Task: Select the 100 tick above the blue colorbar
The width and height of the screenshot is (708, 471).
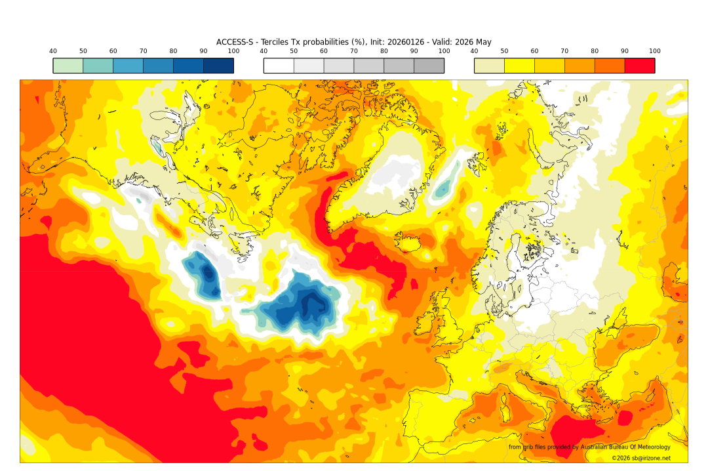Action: pos(233,51)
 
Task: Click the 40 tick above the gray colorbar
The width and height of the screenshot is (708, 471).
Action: pos(264,51)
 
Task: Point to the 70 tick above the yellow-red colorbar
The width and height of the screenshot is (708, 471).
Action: pos(564,51)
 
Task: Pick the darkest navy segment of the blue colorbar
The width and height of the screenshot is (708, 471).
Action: pos(218,66)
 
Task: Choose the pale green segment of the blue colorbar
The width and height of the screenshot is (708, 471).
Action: pos(68,66)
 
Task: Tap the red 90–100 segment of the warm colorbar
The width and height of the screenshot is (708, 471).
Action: pos(639,66)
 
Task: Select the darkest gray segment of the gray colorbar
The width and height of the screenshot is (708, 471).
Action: pos(429,66)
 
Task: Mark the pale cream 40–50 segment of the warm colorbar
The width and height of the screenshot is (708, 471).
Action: pos(489,66)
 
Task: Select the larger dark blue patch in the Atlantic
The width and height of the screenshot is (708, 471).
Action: pos(305,305)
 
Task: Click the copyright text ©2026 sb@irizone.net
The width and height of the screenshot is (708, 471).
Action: pos(640,459)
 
